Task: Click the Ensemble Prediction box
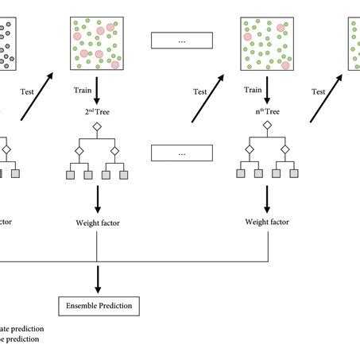[97, 304]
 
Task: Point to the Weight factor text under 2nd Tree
[97, 223]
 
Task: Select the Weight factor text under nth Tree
[266, 223]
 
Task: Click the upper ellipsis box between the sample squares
[182, 40]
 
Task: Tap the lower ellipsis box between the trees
[182, 153]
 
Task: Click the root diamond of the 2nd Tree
[96, 127]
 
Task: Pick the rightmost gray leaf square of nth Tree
[294, 174]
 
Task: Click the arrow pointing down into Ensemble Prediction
[97, 278]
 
